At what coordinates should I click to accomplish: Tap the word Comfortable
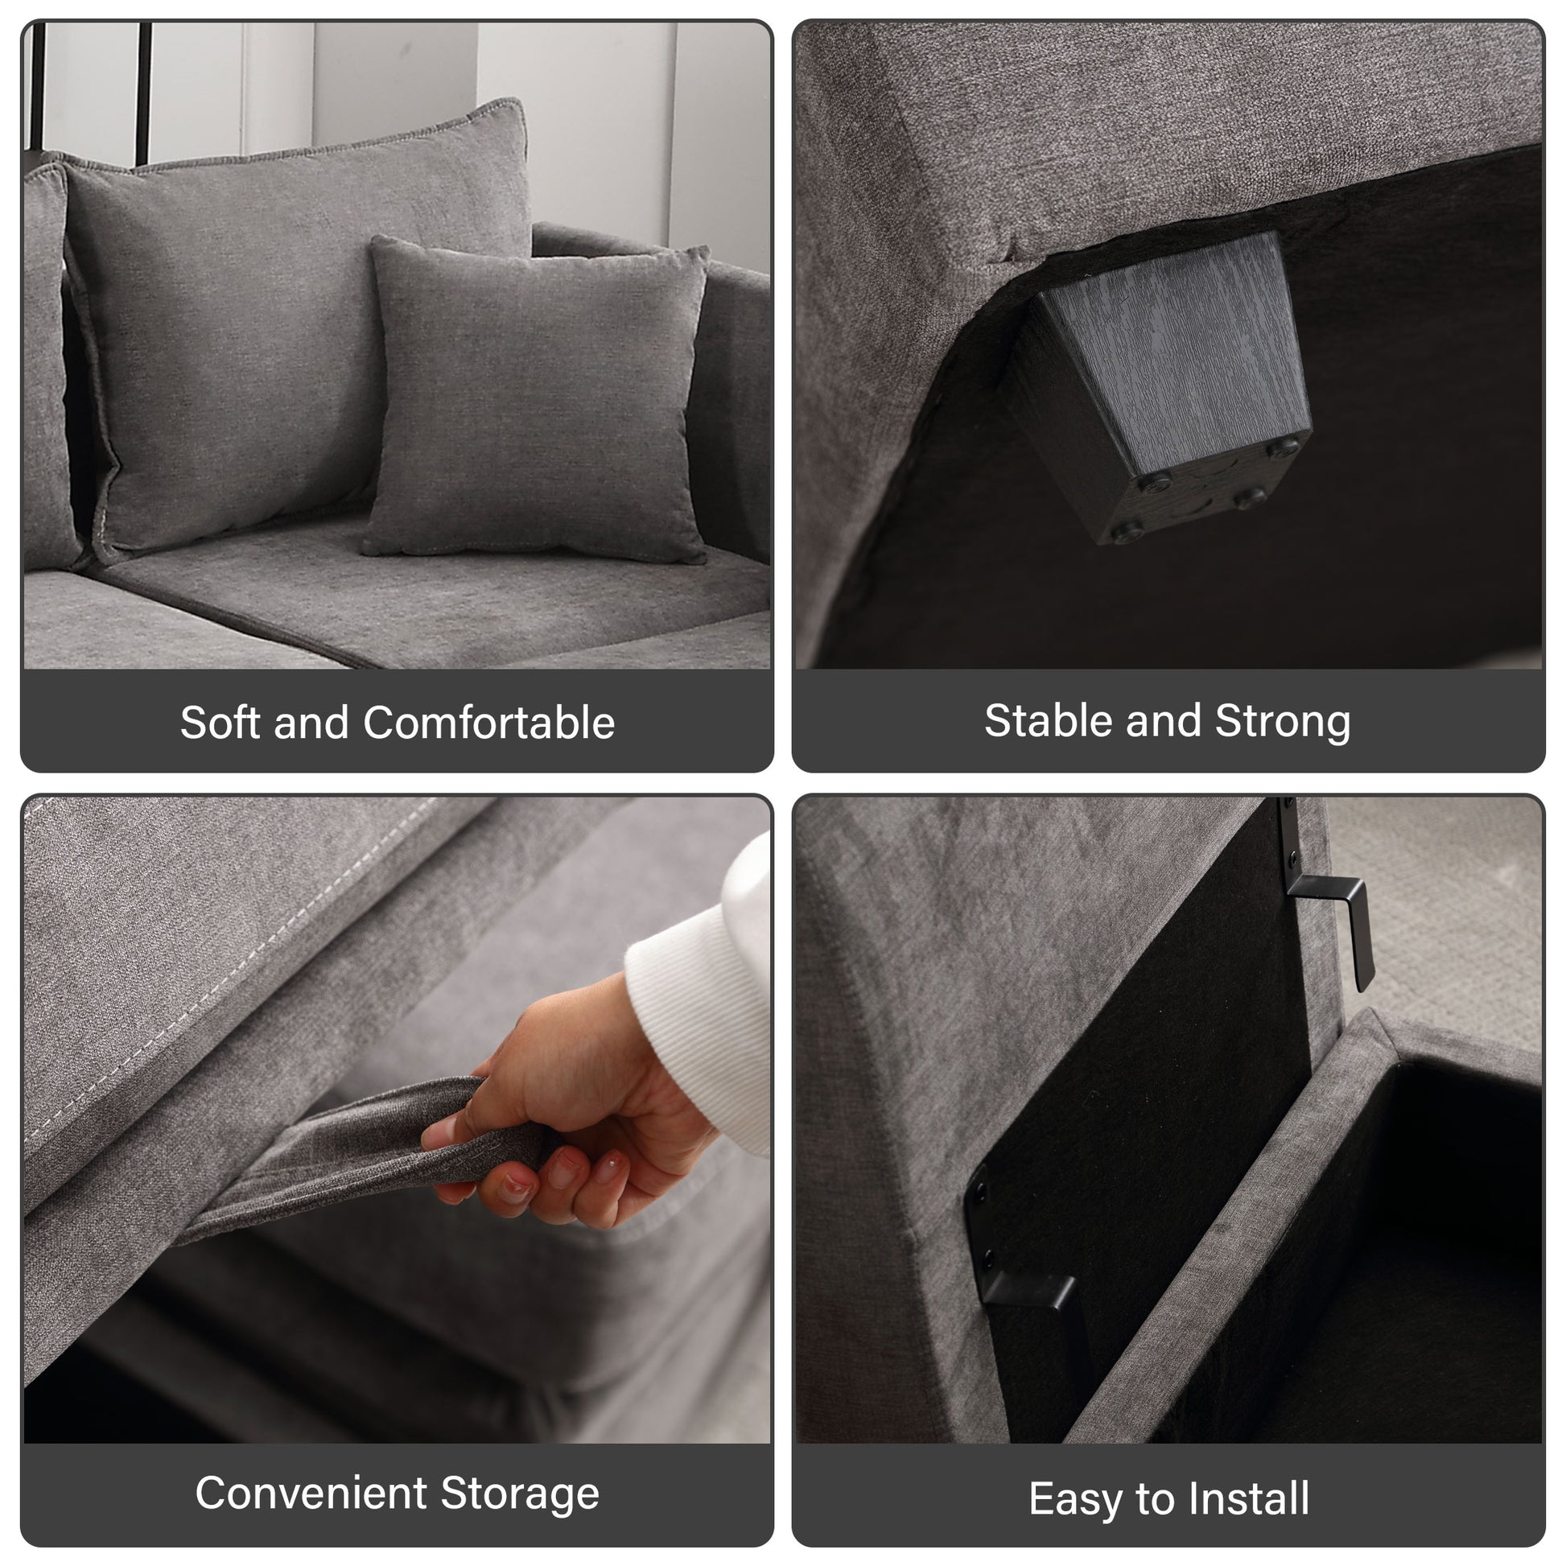[x=488, y=722]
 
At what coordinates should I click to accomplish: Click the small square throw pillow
[x=535, y=402]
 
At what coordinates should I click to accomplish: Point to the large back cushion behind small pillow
[x=243, y=324]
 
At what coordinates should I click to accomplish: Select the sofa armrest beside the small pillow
[x=734, y=389]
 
